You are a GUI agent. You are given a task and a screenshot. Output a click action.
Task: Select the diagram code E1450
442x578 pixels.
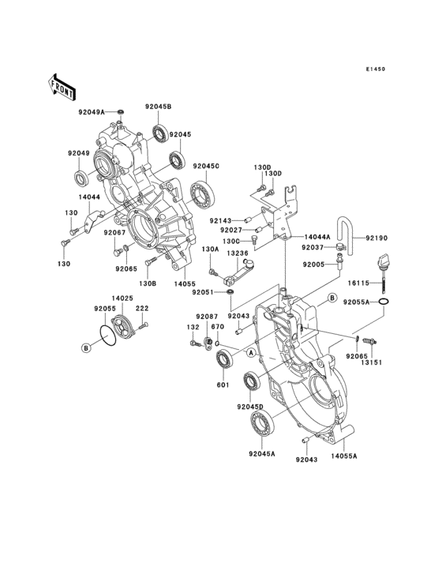coord(375,69)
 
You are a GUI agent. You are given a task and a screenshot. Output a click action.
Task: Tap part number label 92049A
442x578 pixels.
coord(92,111)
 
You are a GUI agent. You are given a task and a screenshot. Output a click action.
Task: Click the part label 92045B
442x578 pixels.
coord(158,107)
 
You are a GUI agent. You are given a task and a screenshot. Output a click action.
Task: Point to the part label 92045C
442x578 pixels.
coord(206,166)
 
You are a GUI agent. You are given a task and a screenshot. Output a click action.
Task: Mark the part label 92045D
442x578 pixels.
coord(249,407)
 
